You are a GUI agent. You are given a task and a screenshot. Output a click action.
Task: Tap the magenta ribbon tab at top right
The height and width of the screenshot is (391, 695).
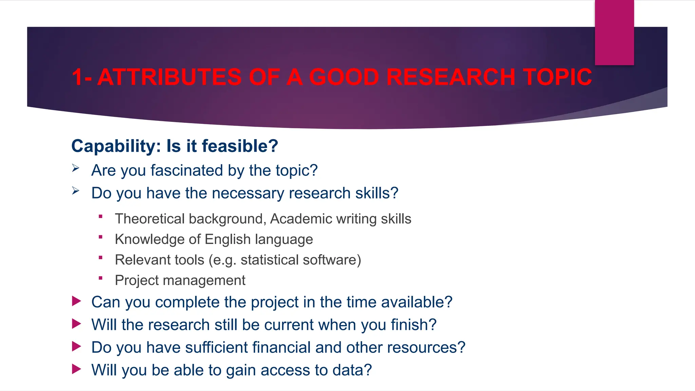click(x=614, y=33)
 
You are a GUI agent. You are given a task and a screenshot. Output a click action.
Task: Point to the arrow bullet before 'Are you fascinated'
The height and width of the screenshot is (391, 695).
click(x=76, y=168)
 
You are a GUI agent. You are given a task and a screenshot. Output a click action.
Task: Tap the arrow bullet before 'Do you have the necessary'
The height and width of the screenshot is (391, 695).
click(x=76, y=191)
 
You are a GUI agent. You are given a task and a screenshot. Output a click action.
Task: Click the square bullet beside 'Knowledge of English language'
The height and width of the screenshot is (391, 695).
click(x=100, y=237)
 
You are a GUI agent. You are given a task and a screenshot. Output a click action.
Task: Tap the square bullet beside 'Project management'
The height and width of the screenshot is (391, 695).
click(x=100, y=278)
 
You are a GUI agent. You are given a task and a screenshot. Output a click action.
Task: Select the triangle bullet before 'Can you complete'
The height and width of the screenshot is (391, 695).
click(x=76, y=301)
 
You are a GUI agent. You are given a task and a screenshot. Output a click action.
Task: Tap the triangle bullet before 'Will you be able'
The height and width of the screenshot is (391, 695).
click(x=76, y=369)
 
